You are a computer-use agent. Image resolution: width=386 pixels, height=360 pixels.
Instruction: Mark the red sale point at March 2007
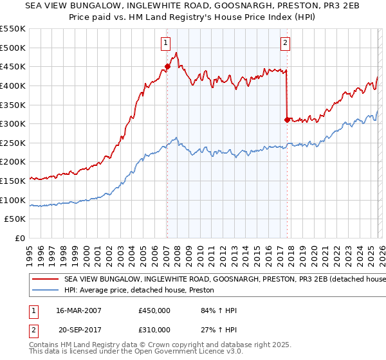(x=167, y=66)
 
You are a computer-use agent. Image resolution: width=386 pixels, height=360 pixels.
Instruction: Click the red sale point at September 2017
(x=286, y=120)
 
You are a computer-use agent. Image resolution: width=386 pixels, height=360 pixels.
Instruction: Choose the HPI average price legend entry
(x=142, y=291)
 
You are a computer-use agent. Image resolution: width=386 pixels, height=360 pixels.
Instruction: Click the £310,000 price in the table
(x=154, y=329)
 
